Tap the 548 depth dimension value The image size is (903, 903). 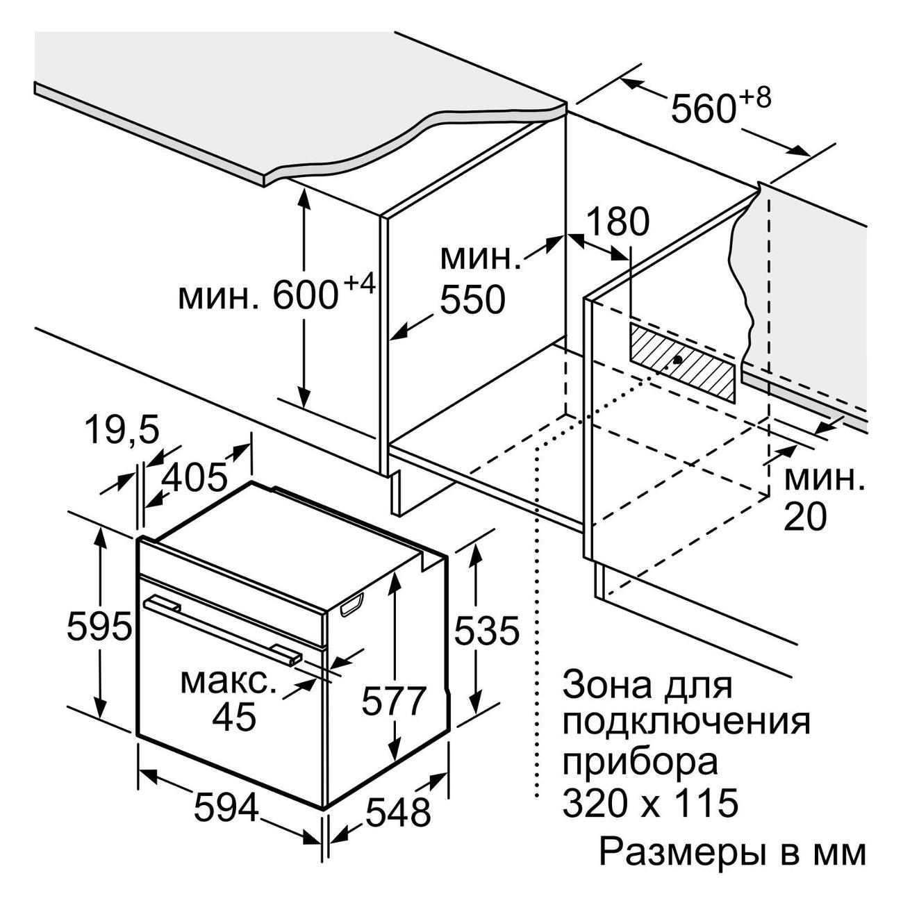coord(398,813)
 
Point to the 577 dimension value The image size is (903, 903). coord(393,702)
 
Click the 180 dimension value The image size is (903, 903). coord(618,222)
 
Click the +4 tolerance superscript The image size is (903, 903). coord(359,285)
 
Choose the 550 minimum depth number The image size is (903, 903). coord(472,299)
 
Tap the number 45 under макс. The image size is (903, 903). coord(234,716)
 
